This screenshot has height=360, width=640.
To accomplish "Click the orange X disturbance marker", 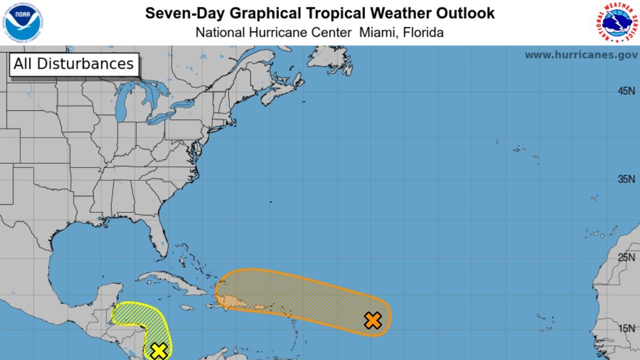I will [373, 321].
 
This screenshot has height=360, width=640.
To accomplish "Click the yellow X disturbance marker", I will [159, 350].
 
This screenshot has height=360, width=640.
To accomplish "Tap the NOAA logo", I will [23, 22].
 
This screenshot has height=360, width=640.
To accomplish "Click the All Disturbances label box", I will [74, 64].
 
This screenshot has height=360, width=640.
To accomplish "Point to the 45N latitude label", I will [626, 91].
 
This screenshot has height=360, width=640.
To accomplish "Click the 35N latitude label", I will [626, 180].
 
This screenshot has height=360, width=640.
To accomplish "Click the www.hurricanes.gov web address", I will [581, 55].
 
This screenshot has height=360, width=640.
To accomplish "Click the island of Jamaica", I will [186, 308].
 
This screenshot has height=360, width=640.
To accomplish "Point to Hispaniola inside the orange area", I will [235, 302].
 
